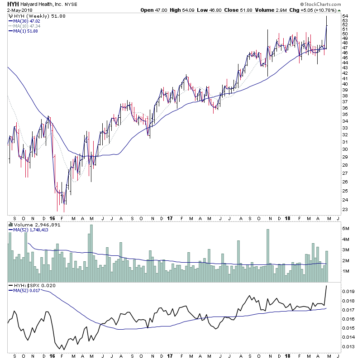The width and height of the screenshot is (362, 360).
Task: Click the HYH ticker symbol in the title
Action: coord(12,4)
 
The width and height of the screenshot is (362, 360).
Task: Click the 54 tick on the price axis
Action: coord(345,16)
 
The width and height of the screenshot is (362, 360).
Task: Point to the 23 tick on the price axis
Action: coord(345,210)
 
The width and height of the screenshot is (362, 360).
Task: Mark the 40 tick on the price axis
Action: coord(345,84)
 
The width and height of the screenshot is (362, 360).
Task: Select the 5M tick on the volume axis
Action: coord(346,229)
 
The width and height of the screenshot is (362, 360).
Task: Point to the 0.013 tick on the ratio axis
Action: coord(348,346)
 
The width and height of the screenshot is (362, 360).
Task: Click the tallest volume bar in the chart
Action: coord(91,254)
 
